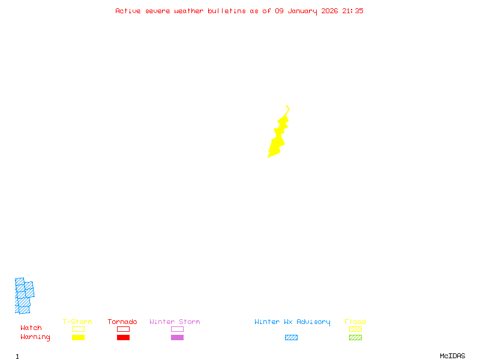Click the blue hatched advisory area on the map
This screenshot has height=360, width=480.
coord(24,296)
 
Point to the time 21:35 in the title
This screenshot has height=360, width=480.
coord(353,11)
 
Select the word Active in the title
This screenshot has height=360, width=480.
coord(128,11)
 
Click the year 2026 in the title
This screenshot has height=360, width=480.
coord(329,11)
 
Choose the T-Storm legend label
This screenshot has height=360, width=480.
coord(77,322)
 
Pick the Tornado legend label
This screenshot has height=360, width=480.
coord(122,322)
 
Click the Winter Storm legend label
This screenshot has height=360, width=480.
coord(175,322)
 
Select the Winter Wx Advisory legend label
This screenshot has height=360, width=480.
coord(292,322)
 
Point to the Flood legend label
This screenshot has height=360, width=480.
coord(355,322)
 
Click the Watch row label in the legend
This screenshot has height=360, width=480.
coord(31,328)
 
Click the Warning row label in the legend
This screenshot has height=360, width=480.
coord(35,337)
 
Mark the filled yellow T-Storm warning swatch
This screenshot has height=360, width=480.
coord(78,338)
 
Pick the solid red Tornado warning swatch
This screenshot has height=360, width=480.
coord(123,338)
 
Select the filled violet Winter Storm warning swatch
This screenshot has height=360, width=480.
coord(177,338)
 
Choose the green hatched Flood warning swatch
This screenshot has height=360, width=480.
coord(355,338)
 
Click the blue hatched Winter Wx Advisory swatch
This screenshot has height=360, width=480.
coord(291,338)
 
